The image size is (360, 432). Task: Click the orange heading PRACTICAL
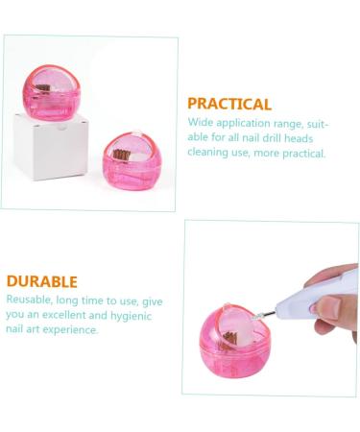228,104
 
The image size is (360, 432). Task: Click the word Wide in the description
200,124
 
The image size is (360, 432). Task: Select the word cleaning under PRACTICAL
207,153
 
